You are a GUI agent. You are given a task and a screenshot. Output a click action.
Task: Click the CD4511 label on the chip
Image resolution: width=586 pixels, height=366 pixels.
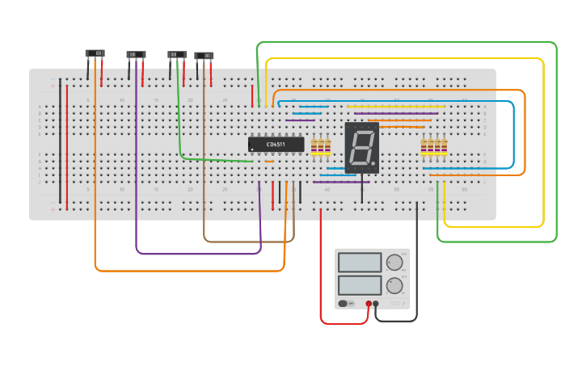276,145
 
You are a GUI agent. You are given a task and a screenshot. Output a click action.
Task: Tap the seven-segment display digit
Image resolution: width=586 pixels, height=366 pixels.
361,147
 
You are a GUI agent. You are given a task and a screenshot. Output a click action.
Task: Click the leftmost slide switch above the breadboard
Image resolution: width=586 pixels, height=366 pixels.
95,54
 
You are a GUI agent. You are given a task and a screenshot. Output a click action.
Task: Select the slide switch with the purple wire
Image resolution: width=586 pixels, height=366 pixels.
136,55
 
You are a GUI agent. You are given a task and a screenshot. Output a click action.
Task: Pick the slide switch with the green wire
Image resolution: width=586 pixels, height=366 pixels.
177,55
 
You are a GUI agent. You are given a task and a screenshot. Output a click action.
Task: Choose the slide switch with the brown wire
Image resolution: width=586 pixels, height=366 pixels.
204,56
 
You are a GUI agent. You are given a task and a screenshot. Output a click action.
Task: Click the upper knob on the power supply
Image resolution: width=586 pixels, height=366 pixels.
394,263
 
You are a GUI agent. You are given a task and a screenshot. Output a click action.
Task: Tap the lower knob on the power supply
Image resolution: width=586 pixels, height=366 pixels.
394,285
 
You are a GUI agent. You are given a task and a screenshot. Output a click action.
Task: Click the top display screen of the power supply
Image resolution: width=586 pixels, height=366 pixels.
360,263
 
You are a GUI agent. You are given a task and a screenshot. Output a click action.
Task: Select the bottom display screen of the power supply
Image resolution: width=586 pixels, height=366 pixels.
360,285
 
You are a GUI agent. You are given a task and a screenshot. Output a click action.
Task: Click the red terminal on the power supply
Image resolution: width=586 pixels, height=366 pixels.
369,304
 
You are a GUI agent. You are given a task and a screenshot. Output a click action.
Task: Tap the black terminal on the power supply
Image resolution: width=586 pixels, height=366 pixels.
376,304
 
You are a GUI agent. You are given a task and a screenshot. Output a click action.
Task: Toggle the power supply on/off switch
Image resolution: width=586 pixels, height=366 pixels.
343,304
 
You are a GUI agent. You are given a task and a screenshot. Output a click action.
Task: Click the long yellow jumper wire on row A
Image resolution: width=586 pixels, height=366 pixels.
396,107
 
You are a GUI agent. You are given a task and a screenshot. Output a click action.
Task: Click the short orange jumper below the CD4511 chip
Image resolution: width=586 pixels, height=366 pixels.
269,162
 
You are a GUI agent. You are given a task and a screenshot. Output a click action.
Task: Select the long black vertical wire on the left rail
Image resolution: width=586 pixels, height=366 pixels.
60,141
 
